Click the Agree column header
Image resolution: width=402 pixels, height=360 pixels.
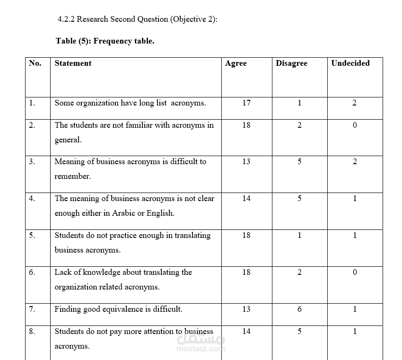point(236,63)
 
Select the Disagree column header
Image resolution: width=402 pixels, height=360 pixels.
point(291,63)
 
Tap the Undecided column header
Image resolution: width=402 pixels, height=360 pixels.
point(350,63)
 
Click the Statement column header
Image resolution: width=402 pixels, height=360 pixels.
point(73,63)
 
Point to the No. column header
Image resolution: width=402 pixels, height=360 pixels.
point(35,63)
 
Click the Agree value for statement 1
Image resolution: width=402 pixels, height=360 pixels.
point(246,103)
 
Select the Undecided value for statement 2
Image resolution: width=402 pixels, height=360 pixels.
point(355,125)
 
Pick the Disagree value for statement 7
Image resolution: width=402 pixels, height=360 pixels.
point(299,309)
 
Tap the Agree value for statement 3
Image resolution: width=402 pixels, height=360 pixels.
point(246,162)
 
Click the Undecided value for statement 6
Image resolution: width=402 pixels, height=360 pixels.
point(355,272)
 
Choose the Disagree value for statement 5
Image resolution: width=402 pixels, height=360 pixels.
point(299,236)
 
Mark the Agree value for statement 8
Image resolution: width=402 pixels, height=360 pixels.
point(246,332)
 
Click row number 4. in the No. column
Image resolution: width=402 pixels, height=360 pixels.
point(32,199)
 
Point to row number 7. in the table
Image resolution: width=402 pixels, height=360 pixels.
point(32,309)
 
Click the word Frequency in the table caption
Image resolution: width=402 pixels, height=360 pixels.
point(111,41)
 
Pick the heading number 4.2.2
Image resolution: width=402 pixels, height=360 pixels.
point(66,19)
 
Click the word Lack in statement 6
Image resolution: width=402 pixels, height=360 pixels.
point(62,272)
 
